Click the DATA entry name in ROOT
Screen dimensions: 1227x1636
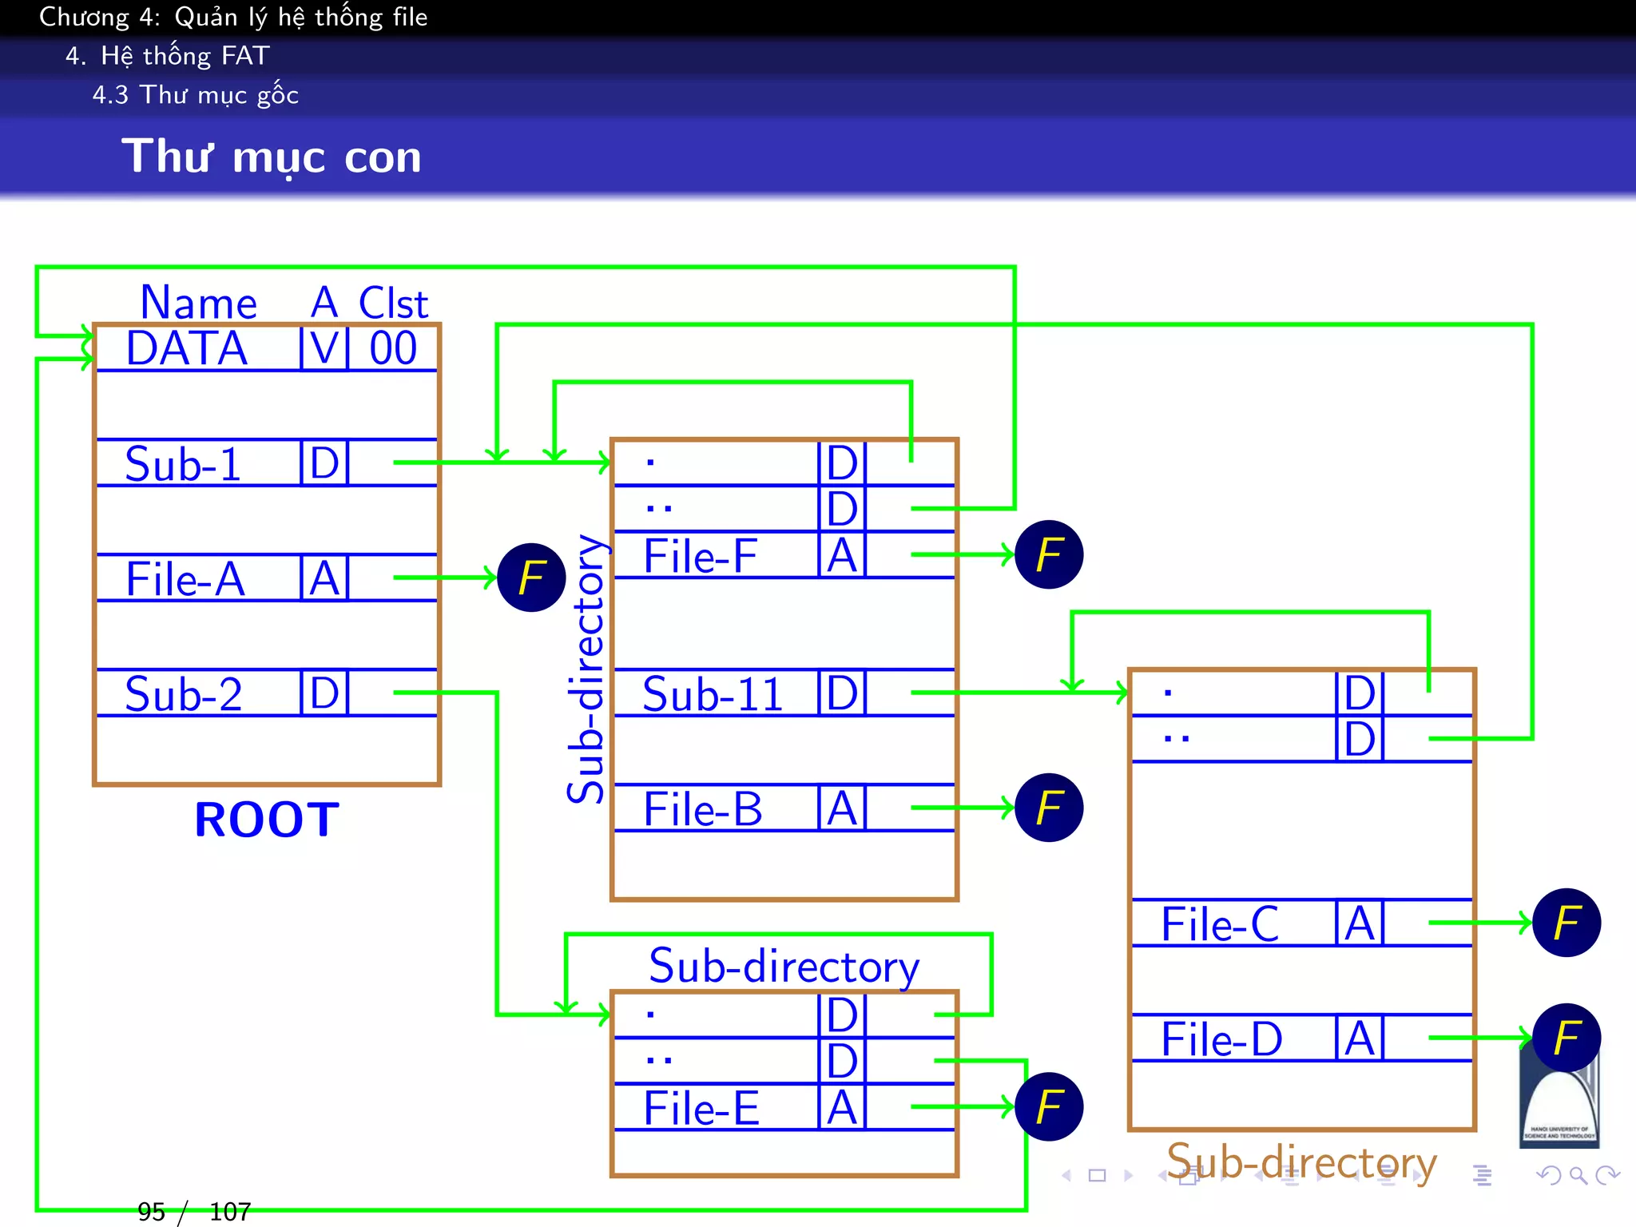(x=186, y=349)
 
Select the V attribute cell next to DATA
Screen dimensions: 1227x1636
(x=324, y=349)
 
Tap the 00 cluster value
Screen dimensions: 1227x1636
(x=393, y=349)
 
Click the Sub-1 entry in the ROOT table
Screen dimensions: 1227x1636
(x=183, y=464)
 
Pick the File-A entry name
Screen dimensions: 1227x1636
(x=185, y=579)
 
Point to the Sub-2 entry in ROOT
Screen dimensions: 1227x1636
(x=184, y=694)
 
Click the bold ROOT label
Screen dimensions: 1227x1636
(x=267, y=820)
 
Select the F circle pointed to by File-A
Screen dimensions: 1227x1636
(x=531, y=578)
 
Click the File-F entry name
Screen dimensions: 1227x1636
(x=701, y=557)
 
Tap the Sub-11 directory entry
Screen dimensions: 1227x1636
(x=713, y=694)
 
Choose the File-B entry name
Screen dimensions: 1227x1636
(x=703, y=809)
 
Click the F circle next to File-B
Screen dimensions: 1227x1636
(x=1049, y=808)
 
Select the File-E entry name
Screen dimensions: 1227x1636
(x=701, y=1109)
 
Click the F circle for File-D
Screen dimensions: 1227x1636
(x=1567, y=1038)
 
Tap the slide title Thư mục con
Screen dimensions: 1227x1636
(x=272, y=157)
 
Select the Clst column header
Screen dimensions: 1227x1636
(x=393, y=304)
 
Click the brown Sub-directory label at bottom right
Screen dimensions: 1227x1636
(x=1301, y=1162)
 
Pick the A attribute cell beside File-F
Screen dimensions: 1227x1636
(x=842, y=556)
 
